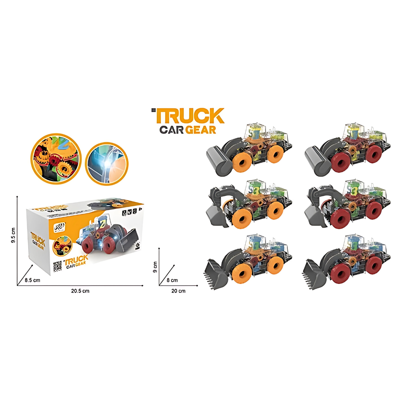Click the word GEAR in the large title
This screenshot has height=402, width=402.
201,130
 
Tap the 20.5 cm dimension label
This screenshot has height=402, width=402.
80,291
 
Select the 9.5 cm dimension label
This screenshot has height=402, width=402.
14,235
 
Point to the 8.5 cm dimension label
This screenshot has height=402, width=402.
32,280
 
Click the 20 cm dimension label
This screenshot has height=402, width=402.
179,291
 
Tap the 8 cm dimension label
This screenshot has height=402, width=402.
172,280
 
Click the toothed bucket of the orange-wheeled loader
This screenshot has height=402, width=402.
216,274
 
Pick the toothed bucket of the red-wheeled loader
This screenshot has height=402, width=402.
314,275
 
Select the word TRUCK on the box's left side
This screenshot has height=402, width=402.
38,238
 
